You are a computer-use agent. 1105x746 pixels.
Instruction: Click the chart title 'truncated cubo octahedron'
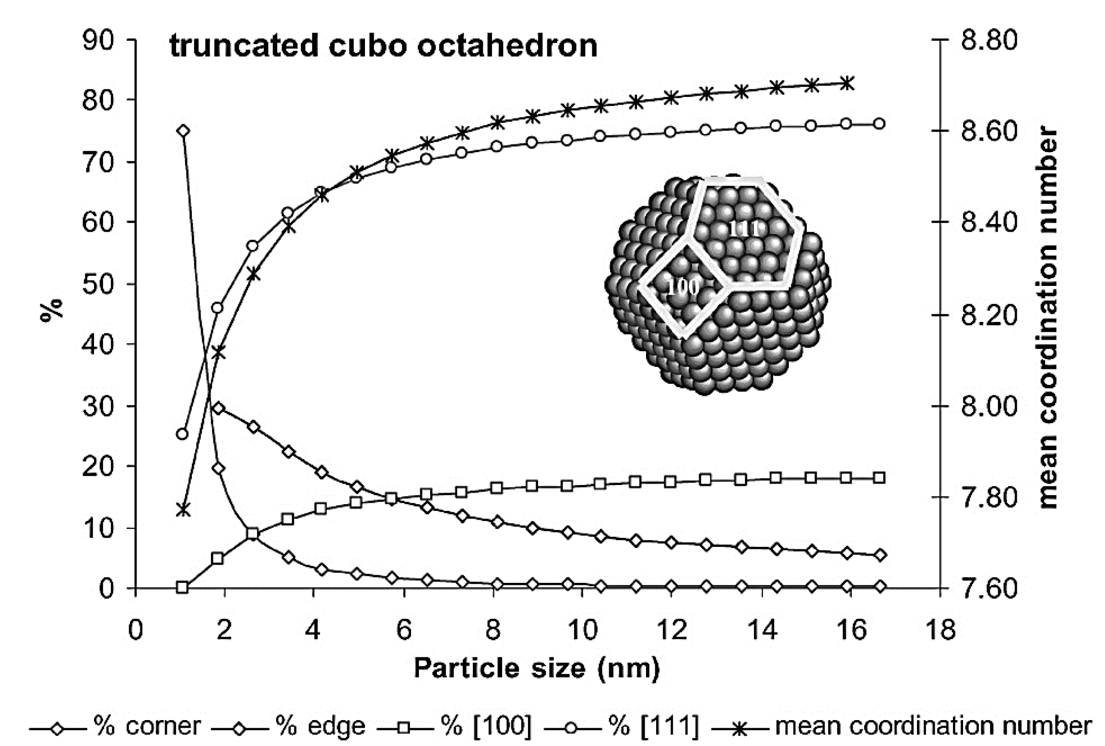pyautogui.click(x=383, y=47)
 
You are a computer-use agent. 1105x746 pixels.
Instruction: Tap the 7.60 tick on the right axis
pyautogui.click(x=988, y=589)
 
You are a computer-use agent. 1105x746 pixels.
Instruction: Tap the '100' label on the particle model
pyautogui.click(x=683, y=287)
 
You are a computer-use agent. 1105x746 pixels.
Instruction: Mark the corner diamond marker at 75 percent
pyautogui.click(x=182, y=131)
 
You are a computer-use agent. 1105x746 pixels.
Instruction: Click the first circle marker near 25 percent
pyautogui.click(x=182, y=434)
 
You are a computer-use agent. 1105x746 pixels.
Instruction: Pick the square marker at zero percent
pyautogui.click(x=182, y=587)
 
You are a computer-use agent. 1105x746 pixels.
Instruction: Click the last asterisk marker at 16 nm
pyautogui.click(x=847, y=83)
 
